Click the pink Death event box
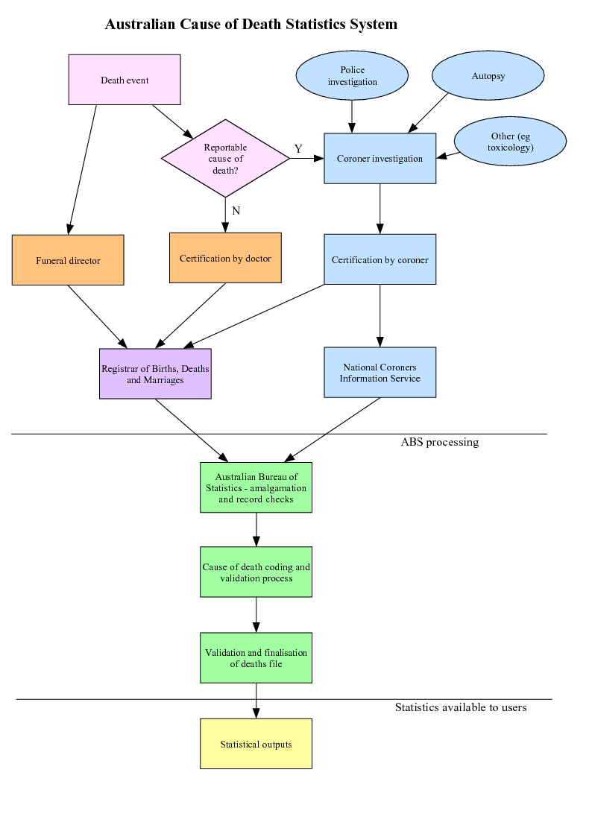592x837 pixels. pyautogui.click(x=125, y=80)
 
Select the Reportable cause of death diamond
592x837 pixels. pyautogui.click(x=225, y=158)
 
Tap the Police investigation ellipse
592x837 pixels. pyautogui.click(x=352, y=75)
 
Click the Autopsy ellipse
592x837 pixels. pyautogui.click(x=488, y=76)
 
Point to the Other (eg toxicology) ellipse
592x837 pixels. pyautogui.click(x=510, y=142)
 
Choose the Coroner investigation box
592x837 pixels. pyautogui.click(x=380, y=158)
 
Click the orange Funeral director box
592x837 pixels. pyautogui.click(x=68, y=260)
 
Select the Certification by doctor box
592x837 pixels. pyautogui.click(x=225, y=258)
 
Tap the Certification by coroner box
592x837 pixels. pyautogui.click(x=380, y=259)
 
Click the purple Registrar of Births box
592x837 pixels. pyautogui.click(x=155, y=373)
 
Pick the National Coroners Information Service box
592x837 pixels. pyautogui.click(x=380, y=372)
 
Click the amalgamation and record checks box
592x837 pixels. pyautogui.click(x=256, y=487)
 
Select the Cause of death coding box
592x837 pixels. pyautogui.click(x=256, y=572)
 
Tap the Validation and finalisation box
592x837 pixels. pyautogui.click(x=256, y=657)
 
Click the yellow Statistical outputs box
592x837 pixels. pyautogui.click(x=256, y=744)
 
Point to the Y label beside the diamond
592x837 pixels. pyautogui.click(x=298, y=149)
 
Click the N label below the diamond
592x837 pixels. pyautogui.click(x=236, y=211)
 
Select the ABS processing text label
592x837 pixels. pyautogui.click(x=440, y=442)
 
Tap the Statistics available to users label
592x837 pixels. pyautogui.click(x=461, y=707)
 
